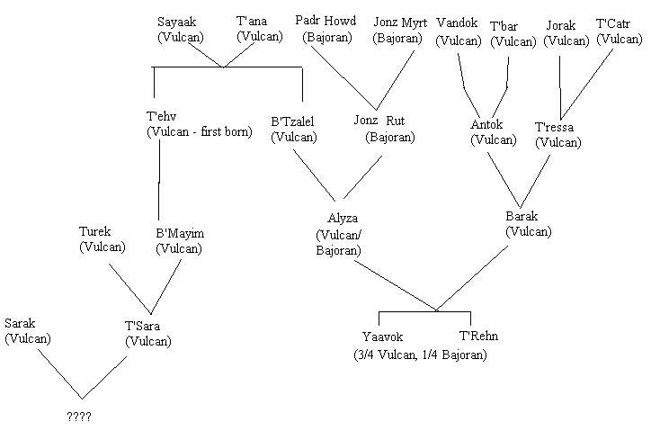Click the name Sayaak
(x=176, y=22)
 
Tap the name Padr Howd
(x=325, y=21)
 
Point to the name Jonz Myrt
(x=400, y=22)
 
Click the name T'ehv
(x=163, y=117)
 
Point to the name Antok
(x=488, y=124)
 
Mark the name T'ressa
(x=556, y=127)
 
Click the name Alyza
(x=343, y=219)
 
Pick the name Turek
(x=96, y=231)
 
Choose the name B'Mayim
(x=179, y=234)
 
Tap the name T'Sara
(x=144, y=326)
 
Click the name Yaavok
(x=381, y=337)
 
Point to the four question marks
(x=79, y=418)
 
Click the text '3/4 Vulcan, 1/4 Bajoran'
(x=420, y=355)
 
